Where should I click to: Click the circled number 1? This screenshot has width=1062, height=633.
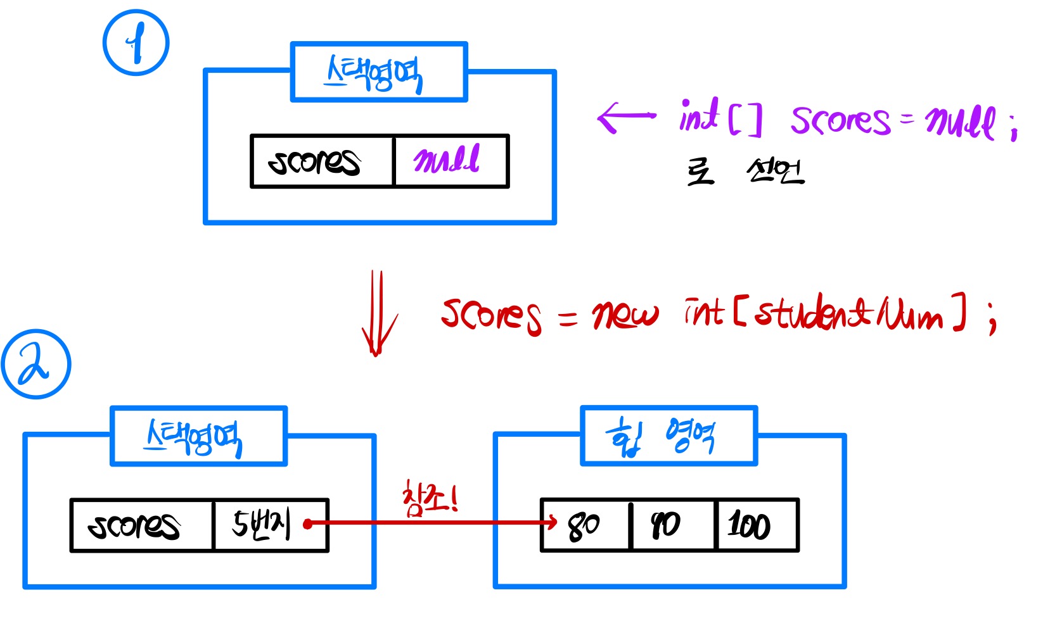(136, 42)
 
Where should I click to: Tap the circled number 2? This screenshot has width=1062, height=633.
(35, 364)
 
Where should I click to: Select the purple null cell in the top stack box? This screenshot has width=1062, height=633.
(450, 161)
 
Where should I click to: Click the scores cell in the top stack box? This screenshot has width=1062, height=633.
(322, 161)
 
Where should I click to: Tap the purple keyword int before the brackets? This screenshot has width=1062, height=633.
(699, 116)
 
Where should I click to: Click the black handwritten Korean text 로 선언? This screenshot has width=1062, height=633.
(745, 171)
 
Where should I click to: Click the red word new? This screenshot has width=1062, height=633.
(624, 314)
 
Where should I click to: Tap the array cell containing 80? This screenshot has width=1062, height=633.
(585, 525)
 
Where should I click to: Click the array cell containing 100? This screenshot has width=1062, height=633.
(755, 525)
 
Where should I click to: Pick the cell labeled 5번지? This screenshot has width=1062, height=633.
(270, 525)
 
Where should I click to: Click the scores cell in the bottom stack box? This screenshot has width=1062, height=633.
(141, 525)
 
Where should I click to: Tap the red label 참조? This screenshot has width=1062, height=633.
(430, 499)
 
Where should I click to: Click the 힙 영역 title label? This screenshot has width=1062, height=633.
(669, 436)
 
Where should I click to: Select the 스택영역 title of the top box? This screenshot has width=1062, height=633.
(378, 72)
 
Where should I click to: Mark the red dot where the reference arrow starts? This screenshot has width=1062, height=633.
(307, 523)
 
